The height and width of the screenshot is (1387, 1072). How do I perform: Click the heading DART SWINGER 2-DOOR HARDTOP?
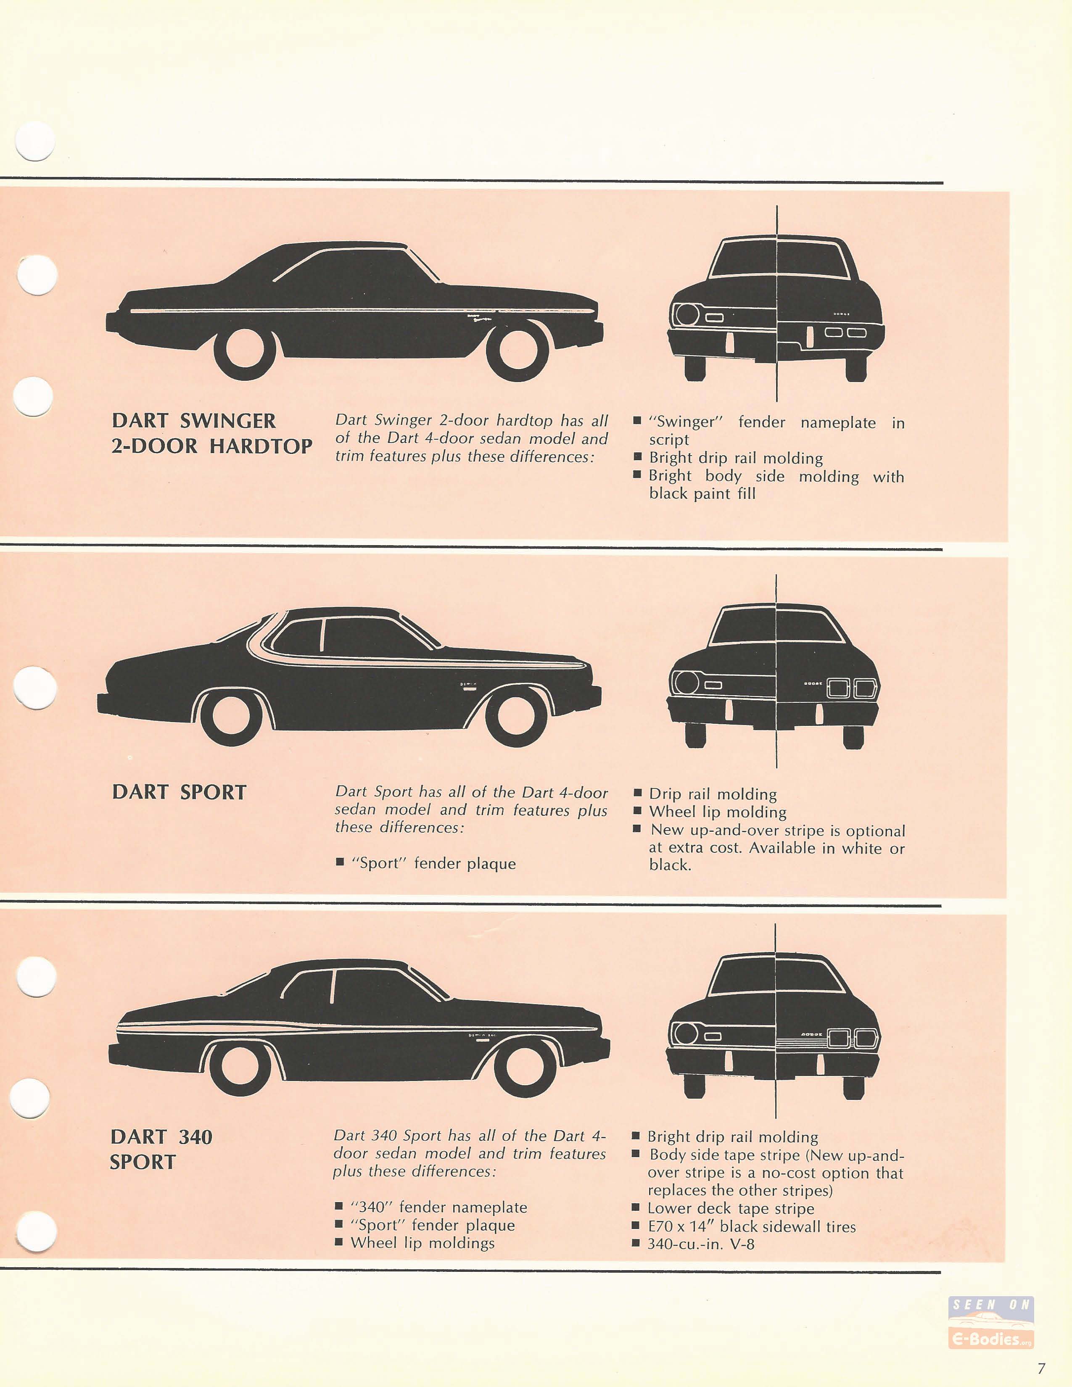pyautogui.click(x=211, y=434)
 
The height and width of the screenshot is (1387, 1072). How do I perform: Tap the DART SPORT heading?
pyautogui.click(x=179, y=793)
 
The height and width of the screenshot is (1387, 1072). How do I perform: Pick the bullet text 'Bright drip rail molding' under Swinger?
pyautogui.click(x=735, y=459)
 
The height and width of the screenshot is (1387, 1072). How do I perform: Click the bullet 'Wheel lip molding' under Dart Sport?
pyautogui.click(x=718, y=812)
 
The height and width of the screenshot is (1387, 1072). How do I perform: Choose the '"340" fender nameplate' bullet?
pyautogui.click(x=438, y=1207)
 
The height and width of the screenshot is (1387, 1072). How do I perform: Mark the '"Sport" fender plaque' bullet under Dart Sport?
pyautogui.click(x=434, y=864)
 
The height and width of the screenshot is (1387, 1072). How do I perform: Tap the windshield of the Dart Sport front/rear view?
pyautogui.click(x=776, y=625)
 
